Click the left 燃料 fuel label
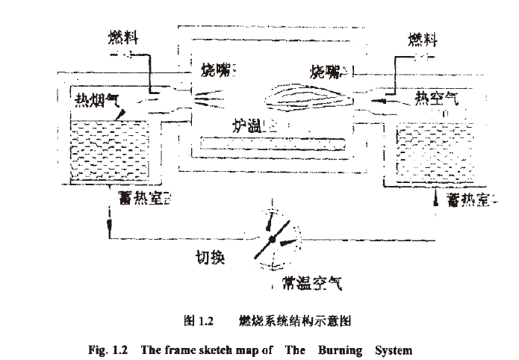(122, 36)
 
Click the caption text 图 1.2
(199, 322)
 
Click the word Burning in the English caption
(341, 349)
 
